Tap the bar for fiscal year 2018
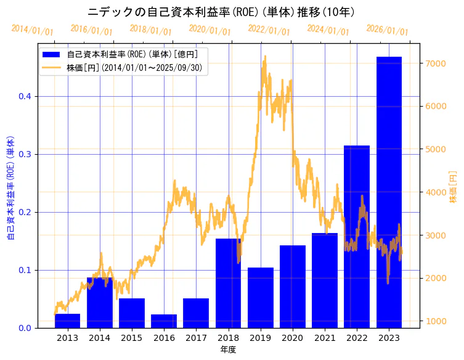(x=228, y=283)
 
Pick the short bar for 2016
(x=164, y=321)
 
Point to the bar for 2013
(x=67, y=321)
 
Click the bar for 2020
(x=293, y=287)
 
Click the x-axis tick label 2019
(x=260, y=338)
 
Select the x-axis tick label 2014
(x=99, y=338)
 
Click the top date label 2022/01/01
(x=269, y=30)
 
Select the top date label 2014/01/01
(x=32, y=30)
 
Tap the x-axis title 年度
(x=228, y=350)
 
